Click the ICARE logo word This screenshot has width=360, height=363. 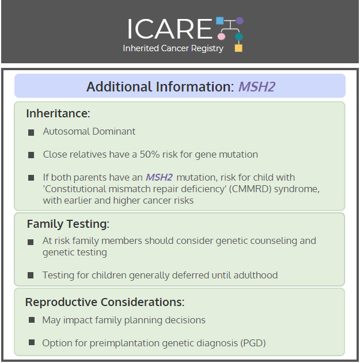click(170, 29)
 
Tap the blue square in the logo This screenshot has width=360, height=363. click(220, 21)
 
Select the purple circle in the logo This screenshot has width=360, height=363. click(240, 21)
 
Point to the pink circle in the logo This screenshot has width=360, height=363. click(221, 36)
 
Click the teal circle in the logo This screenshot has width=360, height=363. click(239, 36)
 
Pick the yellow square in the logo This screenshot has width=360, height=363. click(238, 48)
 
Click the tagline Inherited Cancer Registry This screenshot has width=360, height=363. click(173, 48)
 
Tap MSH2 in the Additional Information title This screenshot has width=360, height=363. click(257, 87)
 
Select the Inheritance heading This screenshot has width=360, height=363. click(58, 113)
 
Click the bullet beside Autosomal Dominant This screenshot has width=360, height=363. click(31, 133)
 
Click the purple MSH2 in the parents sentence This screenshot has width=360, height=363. click(159, 177)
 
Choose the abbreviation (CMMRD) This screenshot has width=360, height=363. click(250, 189)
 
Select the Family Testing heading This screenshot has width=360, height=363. click(68, 224)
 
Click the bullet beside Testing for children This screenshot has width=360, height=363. click(31, 275)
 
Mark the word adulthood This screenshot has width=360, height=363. click(256, 275)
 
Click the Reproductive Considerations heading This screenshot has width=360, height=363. click(105, 302)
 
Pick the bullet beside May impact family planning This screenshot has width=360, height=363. click(32, 320)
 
